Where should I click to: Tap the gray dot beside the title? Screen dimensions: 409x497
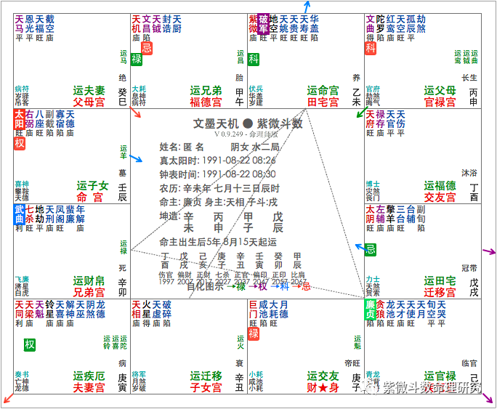(x=247, y=123)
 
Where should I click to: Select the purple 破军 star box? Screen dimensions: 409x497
(x=263, y=23)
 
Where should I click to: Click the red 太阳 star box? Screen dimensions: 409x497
(x=19, y=119)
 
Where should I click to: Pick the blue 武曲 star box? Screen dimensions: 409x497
(x=19, y=214)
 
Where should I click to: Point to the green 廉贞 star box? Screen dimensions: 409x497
(x=370, y=309)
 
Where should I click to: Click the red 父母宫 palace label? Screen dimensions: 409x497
(x=89, y=102)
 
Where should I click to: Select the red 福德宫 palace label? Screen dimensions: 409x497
(x=206, y=102)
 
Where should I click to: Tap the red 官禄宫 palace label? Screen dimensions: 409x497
(x=440, y=102)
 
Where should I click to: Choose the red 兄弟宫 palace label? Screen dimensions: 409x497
(x=89, y=292)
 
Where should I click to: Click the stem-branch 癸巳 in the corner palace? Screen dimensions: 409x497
(x=122, y=97)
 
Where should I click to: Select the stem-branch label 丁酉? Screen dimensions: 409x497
(x=474, y=192)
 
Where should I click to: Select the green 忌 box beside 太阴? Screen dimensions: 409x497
(x=371, y=249)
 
